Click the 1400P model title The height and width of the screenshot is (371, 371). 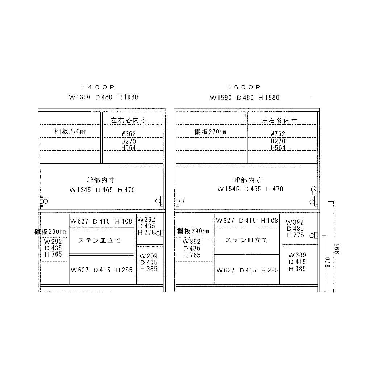pyautogui.click(x=98, y=87)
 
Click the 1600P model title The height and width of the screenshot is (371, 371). pyautogui.click(x=244, y=88)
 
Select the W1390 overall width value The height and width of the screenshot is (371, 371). pyautogui.click(x=80, y=97)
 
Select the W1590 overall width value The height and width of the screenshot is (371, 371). pyautogui.click(x=221, y=97)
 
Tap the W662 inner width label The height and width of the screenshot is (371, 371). pyautogui.click(x=129, y=134)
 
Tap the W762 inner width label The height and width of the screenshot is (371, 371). pyautogui.click(x=278, y=134)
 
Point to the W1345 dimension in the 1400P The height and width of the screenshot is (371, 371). pyautogui.click(x=80, y=190)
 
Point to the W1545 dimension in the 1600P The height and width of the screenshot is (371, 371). pyautogui.click(x=228, y=189)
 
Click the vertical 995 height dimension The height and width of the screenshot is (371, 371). pyautogui.click(x=337, y=249)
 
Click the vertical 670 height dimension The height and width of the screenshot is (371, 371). pyautogui.click(x=328, y=262)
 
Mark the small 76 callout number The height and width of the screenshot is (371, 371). pyautogui.click(x=313, y=188)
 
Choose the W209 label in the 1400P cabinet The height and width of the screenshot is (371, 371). pyautogui.click(x=148, y=256)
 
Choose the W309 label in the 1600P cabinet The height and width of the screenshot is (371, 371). pyautogui.click(x=297, y=255)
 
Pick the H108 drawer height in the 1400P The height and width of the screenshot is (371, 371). pyautogui.click(x=124, y=221)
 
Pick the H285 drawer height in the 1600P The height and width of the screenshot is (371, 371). pyautogui.click(x=270, y=270)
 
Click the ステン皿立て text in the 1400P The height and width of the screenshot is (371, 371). pyautogui.click(x=99, y=241)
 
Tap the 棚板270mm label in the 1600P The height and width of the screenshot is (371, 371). pyautogui.click(x=210, y=132)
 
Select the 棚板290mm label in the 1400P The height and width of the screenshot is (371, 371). pyautogui.click(x=50, y=232)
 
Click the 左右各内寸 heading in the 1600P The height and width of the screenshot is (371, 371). pyautogui.click(x=279, y=121)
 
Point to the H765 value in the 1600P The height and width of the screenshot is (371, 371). pyautogui.click(x=192, y=255)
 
